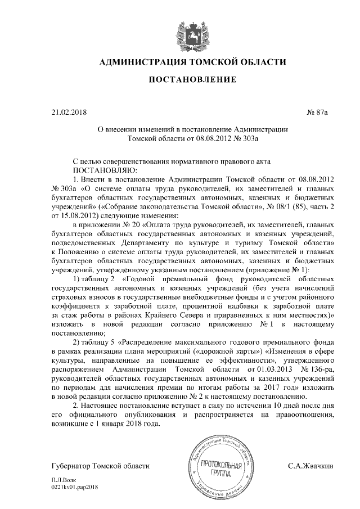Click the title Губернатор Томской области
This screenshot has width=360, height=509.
tap(100, 466)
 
